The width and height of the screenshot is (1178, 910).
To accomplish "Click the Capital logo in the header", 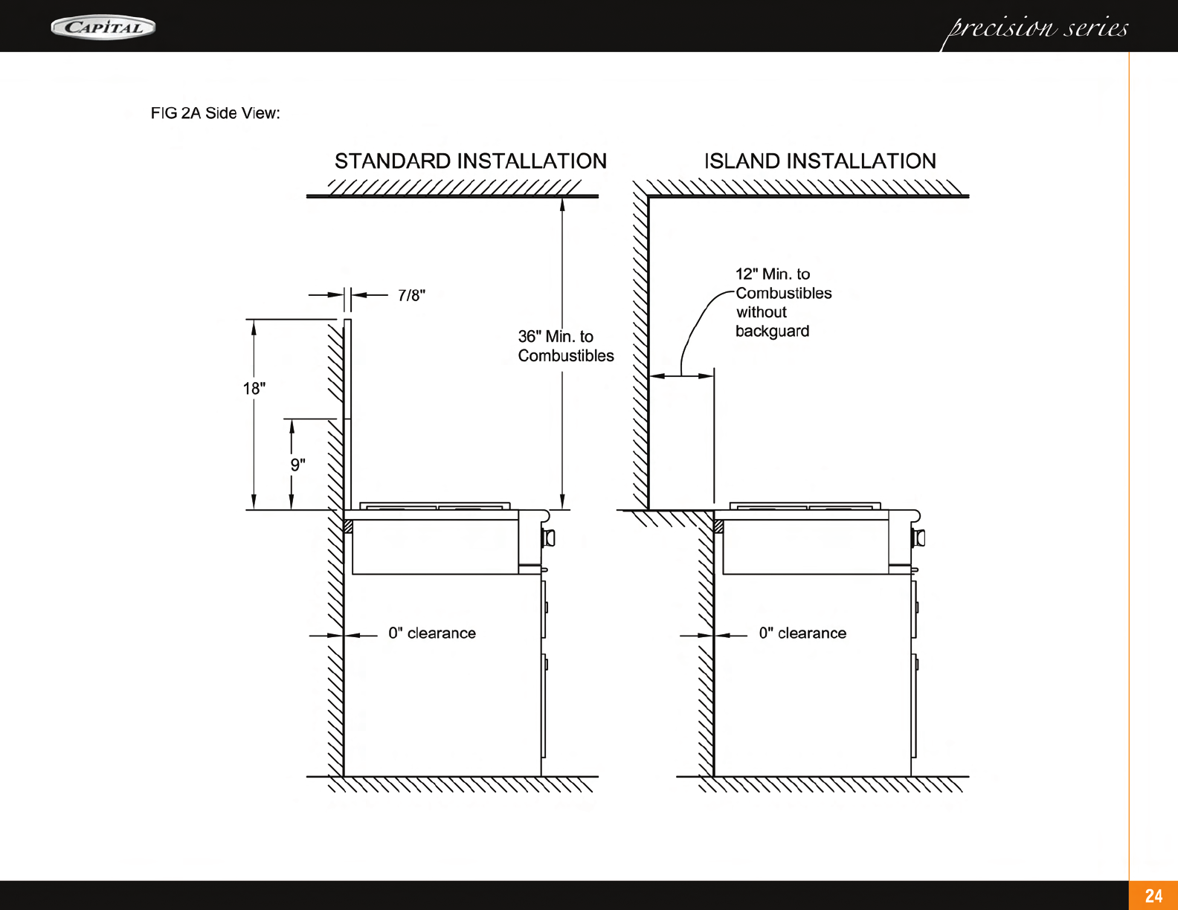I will coord(103,28).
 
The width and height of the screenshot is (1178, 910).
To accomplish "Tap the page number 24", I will coord(1153,896).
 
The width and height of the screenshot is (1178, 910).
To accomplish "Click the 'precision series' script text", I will coord(1037,29).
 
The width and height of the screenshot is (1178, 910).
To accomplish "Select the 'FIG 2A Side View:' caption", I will coord(215,114).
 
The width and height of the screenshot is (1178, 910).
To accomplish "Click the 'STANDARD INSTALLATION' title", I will coord(470,161).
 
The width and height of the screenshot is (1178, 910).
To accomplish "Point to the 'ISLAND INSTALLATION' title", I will coord(820,161).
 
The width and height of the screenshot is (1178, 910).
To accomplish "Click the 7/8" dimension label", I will coord(411,296).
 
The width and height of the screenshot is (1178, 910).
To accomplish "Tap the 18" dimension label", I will coord(254,389).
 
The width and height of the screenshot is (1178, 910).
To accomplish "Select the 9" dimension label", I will coord(297,465).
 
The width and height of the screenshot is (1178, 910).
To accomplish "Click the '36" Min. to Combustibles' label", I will coord(565,346).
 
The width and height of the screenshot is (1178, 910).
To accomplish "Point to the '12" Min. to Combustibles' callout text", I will coord(782,284).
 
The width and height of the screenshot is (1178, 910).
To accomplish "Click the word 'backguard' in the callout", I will coord(772,332).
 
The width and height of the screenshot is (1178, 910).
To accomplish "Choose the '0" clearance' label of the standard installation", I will coord(431,633).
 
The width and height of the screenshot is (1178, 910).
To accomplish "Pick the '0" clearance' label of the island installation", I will coord(802,633).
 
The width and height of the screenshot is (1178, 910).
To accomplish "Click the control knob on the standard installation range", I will coord(550,538).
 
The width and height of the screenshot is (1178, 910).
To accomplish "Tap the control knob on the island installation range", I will coord(920,538).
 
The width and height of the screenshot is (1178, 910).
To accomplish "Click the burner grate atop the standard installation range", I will coord(435,506).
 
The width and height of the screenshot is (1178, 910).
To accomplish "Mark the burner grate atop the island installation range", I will coord(805,506).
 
